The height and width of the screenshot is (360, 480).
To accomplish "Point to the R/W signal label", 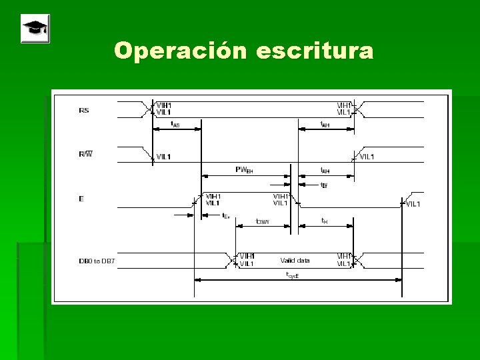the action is click(x=86, y=154).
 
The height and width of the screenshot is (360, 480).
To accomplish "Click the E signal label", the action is click(x=81, y=199).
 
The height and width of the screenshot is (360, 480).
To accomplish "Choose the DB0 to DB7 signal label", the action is click(x=97, y=261).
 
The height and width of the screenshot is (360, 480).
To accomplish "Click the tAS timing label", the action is click(x=175, y=124).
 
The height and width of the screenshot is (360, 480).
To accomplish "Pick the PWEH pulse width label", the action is click(x=244, y=169).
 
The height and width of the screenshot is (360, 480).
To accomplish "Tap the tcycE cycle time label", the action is click(x=293, y=275).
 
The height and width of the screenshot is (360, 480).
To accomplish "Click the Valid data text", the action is click(x=295, y=261).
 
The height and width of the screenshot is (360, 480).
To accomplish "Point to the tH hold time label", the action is click(x=324, y=221).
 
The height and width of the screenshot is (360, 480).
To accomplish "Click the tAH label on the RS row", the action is click(x=325, y=124).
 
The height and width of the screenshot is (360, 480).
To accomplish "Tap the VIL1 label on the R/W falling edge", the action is click(x=163, y=157).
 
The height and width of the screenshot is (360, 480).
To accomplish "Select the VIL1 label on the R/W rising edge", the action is click(x=367, y=157).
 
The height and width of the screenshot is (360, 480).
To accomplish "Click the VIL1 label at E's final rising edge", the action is click(x=413, y=203).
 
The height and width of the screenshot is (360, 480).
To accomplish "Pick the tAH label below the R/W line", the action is click(x=325, y=171).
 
